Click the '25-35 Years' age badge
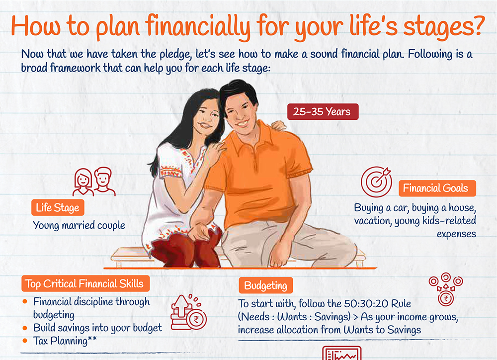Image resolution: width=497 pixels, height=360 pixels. (x=323, y=112)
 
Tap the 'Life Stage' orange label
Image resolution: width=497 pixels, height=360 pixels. (x=58, y=208)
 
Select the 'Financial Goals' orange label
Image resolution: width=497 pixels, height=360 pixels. (x=437, y=188)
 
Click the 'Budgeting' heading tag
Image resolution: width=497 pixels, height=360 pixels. (x=265, y=285)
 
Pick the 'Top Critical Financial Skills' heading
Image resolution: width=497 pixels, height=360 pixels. (x=85, y=283)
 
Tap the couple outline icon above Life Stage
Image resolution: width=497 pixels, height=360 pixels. (x=94, y=182)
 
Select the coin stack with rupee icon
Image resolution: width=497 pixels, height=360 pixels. (x=188, y=312)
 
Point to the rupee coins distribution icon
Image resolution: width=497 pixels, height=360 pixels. (x=446, y=289)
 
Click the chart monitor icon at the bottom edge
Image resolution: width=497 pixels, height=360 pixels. (x=342, y=353)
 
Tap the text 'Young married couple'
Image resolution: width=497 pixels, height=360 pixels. (x=79, y=226)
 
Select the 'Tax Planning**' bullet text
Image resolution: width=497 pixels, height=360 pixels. (x=65, y=341)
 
